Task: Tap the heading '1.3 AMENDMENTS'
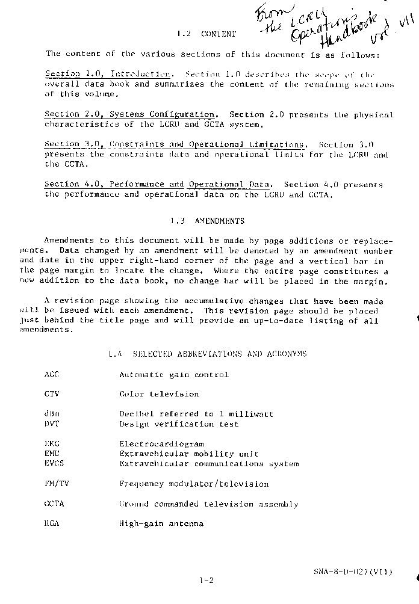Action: click(207, 221)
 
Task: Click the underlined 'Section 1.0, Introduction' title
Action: click(108, 74)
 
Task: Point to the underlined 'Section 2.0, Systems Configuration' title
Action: click(131, 114)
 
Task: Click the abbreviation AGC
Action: click(52, 374)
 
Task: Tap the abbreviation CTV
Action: click(52, 394)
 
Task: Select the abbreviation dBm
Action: click(52, 414)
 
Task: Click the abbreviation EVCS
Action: click(54, 463)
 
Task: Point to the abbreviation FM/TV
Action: click(56, 484)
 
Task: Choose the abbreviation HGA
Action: click(52, 523)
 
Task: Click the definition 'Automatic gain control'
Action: click(174, 374)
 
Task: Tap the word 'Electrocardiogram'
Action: click(161, 444)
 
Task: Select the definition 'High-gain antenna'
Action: click(161, 523)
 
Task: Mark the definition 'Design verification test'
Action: click(179, 424)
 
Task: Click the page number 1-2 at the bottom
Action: click(206, 581)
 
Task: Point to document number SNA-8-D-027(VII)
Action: click(352, 572)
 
